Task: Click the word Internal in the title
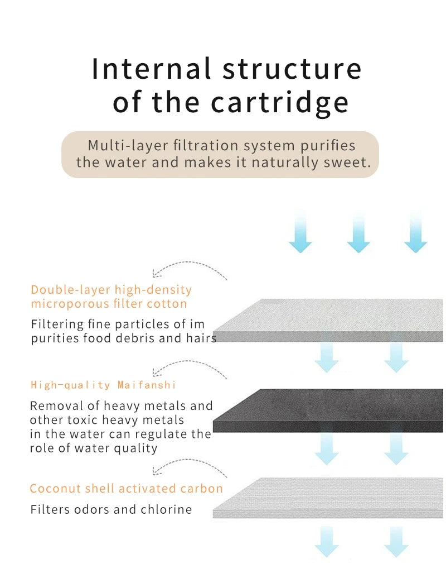click(x=151, y=69)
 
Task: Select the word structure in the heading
click(x=292, y=69)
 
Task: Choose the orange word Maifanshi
click(x=147, y=385)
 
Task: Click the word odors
click(x=92, y=509)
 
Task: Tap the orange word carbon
click(x=201, y=489)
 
